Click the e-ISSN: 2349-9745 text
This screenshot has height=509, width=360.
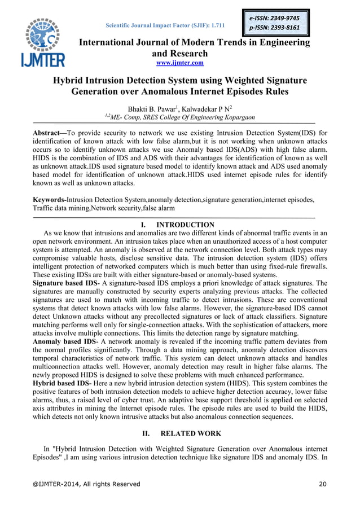coord(275,18)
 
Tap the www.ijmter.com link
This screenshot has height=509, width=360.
coord(180,63)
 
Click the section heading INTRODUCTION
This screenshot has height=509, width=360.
coord(185,225)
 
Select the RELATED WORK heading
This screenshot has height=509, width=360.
coord(188,433)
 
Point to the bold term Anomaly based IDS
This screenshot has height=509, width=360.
coord(61,341)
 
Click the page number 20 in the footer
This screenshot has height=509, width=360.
coord(322,484)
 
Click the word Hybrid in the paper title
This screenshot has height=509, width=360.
coord(69,80)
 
